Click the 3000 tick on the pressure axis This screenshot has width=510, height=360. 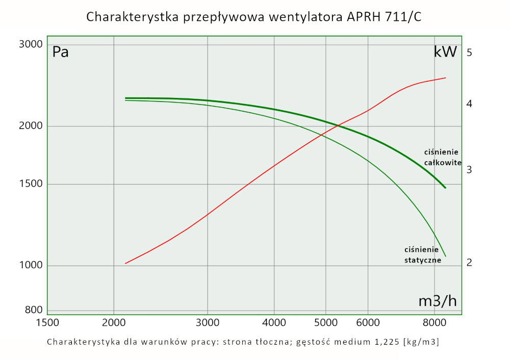click(31, 44)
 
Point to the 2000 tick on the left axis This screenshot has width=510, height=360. click(31, 126)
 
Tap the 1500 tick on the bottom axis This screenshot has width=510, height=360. click(47, 323)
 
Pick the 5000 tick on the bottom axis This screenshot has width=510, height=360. click(325, 323)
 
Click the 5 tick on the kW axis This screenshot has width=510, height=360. click(469, 53)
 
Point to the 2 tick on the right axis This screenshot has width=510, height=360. click(469, 263)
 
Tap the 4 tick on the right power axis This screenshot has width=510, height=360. click(469, 104)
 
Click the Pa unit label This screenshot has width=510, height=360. click(60, 53)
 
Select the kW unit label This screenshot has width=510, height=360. click(445, 52)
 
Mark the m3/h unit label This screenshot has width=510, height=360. click(438, 301)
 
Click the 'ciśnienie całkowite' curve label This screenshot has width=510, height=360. click(442, 158)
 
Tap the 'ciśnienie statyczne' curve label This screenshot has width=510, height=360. click(422, 254)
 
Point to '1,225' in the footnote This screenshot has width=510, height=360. click(384, 342)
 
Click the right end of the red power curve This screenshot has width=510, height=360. click(446, 78)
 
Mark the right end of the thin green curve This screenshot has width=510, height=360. click(446, 256)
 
